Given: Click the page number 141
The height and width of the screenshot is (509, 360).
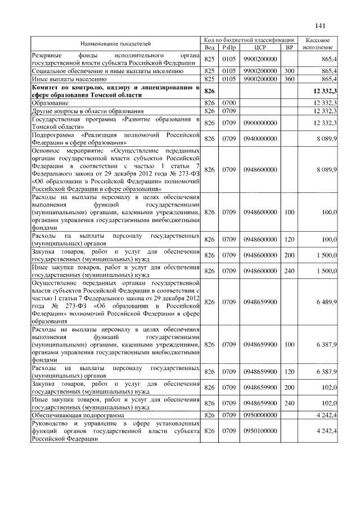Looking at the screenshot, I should (x=321, y=25).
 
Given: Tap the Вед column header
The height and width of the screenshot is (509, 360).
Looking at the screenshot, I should (x=210, y=47).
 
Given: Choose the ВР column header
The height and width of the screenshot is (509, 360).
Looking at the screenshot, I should (x=290, y=47).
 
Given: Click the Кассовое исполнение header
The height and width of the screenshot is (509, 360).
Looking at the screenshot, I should (x=317, y=43).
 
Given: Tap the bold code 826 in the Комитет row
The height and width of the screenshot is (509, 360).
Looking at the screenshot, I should (x=210, y=91).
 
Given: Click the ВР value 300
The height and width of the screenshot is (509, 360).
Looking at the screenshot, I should (x=290, y=71).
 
